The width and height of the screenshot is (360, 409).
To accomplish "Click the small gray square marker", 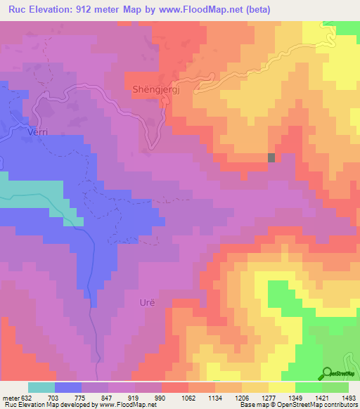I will click(x=271, y=158).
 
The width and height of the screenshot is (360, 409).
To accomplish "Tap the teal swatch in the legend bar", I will click(x=41, y=387).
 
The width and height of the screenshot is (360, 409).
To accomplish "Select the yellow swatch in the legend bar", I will click(x=282, y=387).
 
